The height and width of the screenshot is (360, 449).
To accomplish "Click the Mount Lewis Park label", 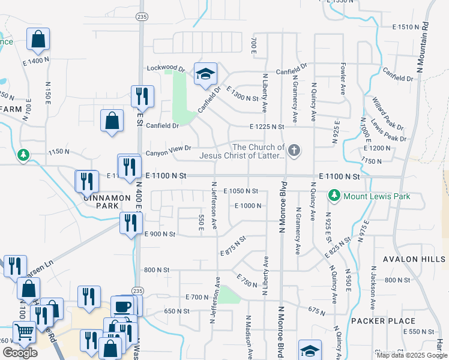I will coord(376,196).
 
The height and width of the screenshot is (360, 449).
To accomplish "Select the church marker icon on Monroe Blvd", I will coord(294,150).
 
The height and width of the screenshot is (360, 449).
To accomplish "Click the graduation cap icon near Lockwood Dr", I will coord(205,74).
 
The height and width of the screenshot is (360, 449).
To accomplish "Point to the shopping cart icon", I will coord(24,331).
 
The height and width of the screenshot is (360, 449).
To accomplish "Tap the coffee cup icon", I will coord(122,306).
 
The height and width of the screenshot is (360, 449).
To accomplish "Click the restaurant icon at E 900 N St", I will coord(129,223).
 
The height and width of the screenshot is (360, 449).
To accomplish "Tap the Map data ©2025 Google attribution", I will coord(411,355).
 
